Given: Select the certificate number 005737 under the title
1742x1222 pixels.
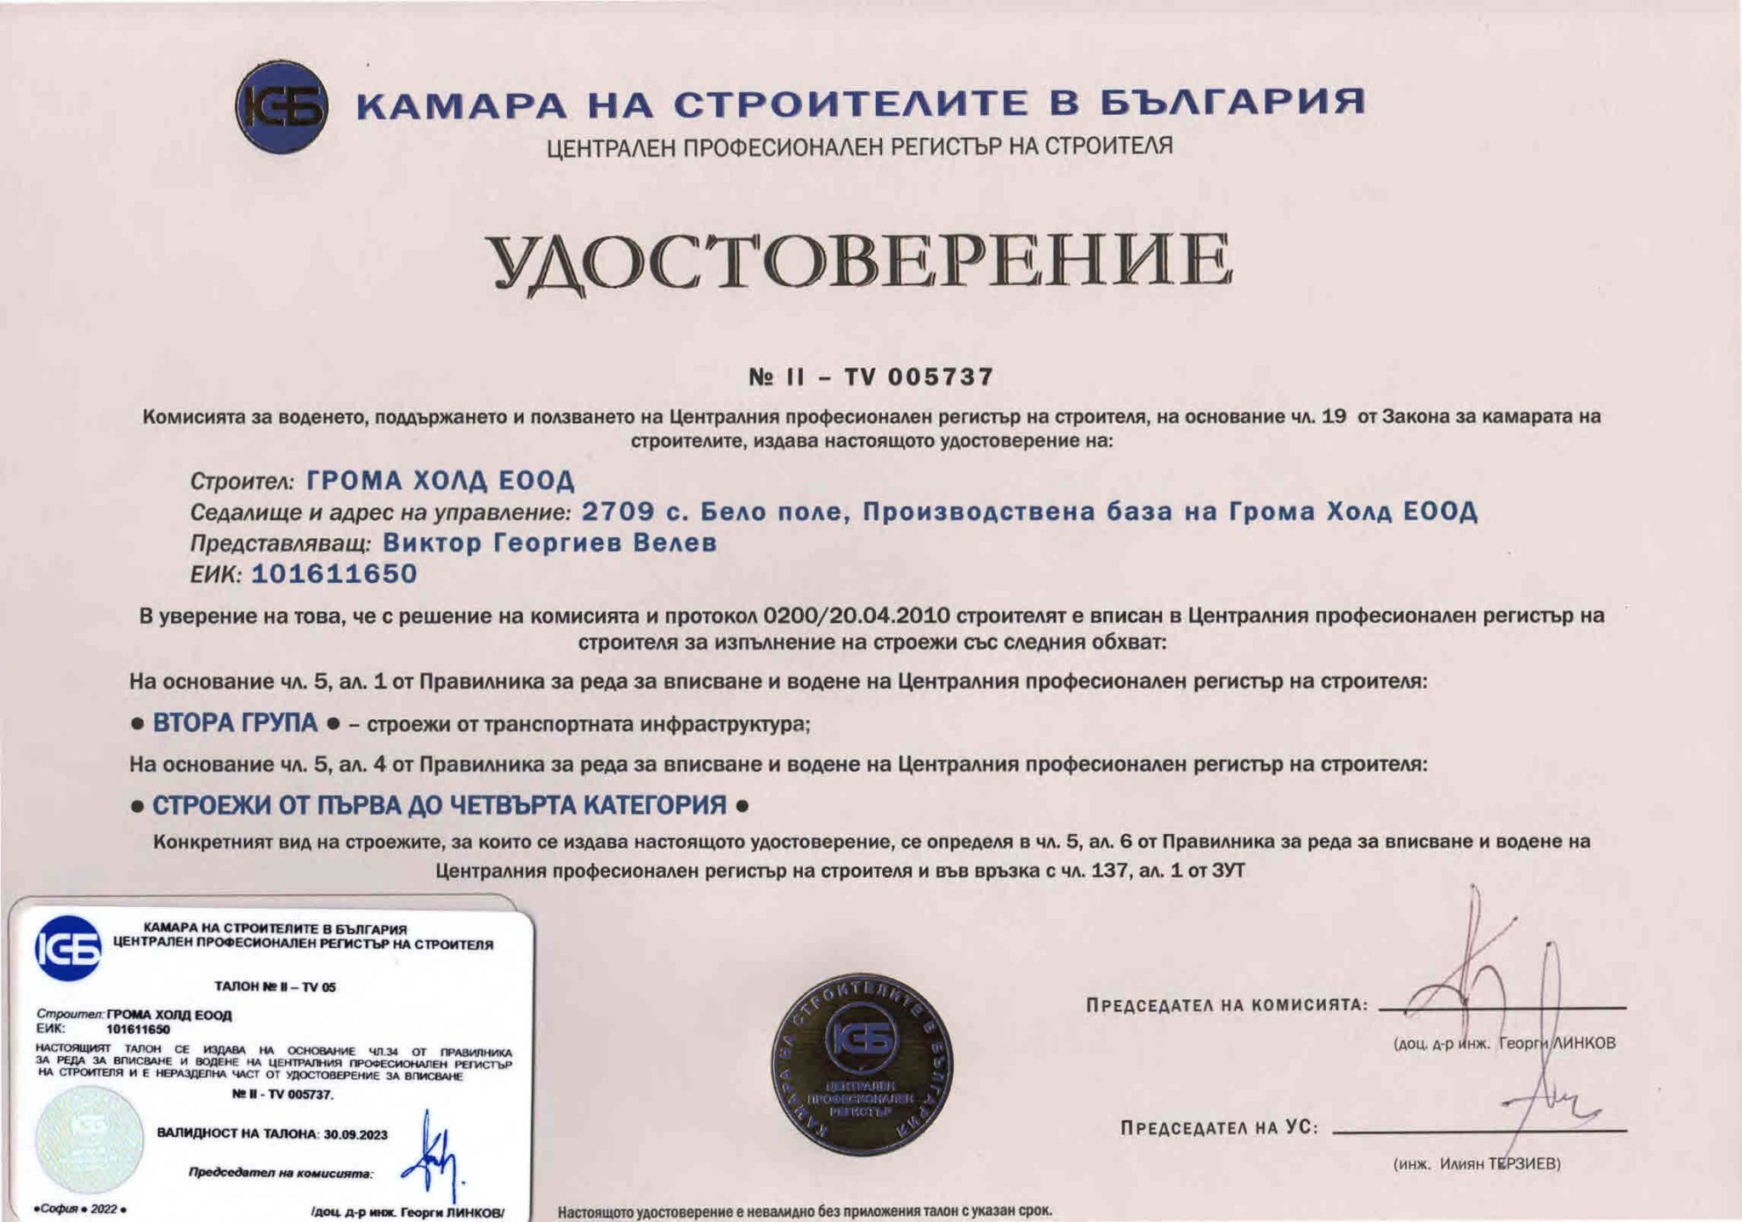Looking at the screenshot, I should [x=941, y=377].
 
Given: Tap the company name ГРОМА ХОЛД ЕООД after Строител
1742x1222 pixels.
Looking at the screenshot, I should [x=441, y=482].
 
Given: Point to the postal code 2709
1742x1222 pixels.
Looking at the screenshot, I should [x=618, y=512].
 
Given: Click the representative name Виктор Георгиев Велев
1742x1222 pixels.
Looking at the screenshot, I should [x=549, y=543].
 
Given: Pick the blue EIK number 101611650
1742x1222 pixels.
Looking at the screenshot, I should [x=334, y=574].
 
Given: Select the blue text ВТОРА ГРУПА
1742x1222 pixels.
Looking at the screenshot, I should [x=235, y=723].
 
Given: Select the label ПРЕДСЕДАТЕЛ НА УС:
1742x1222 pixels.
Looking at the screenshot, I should [x=1219, y=1129].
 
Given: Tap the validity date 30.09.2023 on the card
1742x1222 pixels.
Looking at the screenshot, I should [x=355, y=1134].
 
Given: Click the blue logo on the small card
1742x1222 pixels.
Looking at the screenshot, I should [x=67, y=948].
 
